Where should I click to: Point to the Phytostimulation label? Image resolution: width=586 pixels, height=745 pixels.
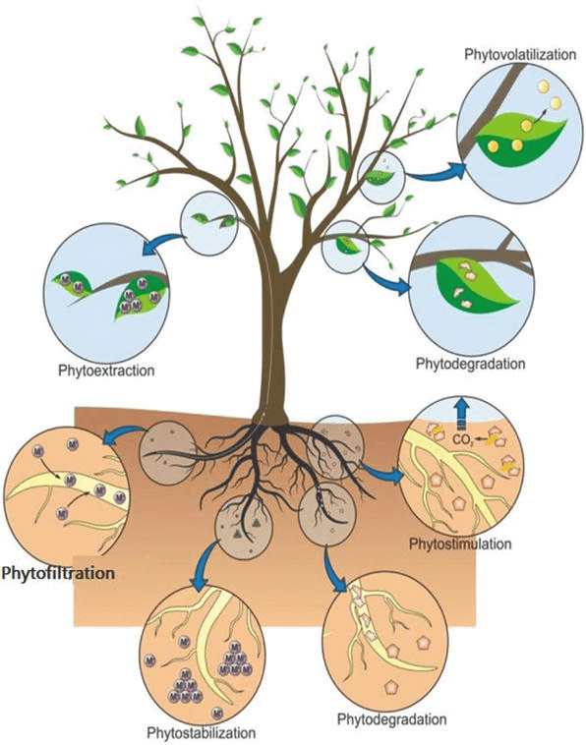pos(457,542)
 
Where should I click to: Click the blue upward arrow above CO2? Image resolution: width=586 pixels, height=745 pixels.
pos(460,411)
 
